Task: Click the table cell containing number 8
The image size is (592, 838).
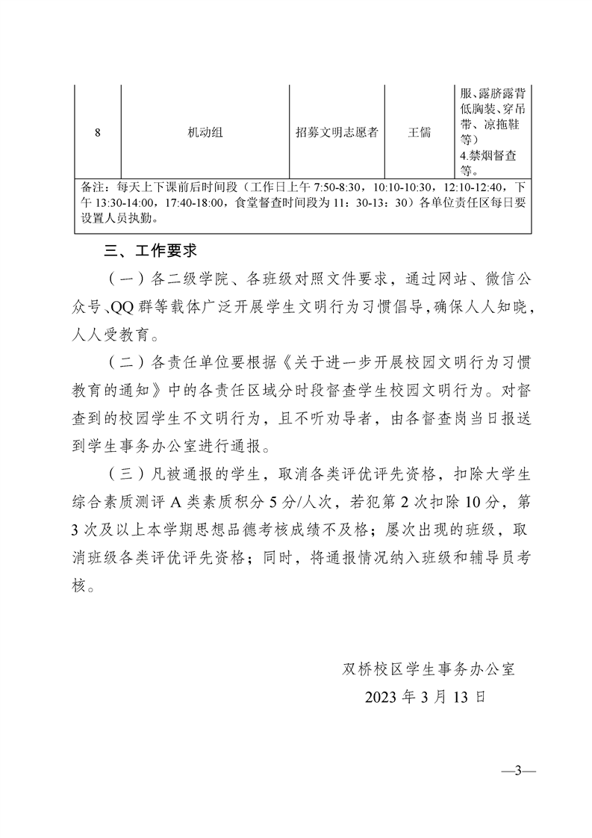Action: tap(98, 133)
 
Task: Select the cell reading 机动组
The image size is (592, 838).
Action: tap(205, 133)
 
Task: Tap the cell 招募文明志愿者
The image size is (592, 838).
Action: tap(337, 133)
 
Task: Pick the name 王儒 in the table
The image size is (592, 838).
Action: tap(420, 133)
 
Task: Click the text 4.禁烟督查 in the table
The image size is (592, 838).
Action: tap(489, 155)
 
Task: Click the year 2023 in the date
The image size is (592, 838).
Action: tap(382, 697)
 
